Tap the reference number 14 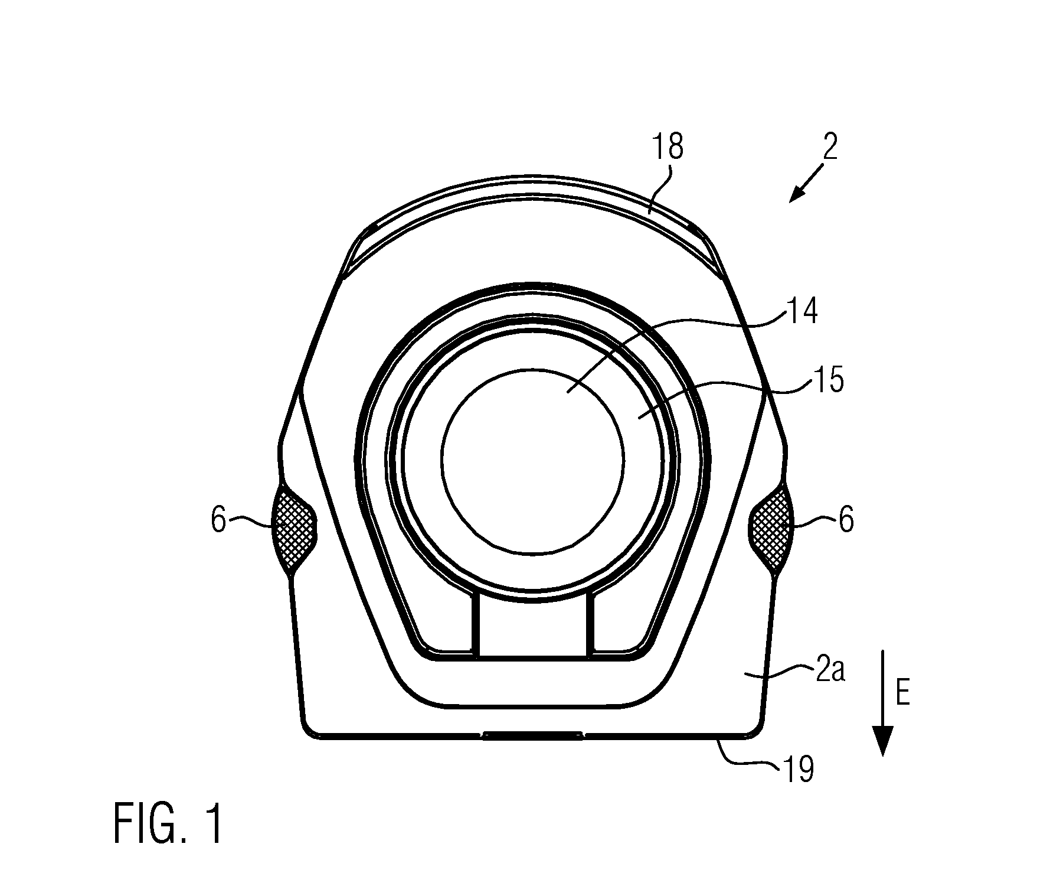click(800, 311)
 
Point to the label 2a click(829, 672)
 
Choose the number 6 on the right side click(846, 521)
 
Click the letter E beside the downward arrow click(902, 693)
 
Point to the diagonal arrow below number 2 click(805, 183)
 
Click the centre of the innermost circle click(532, 462)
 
